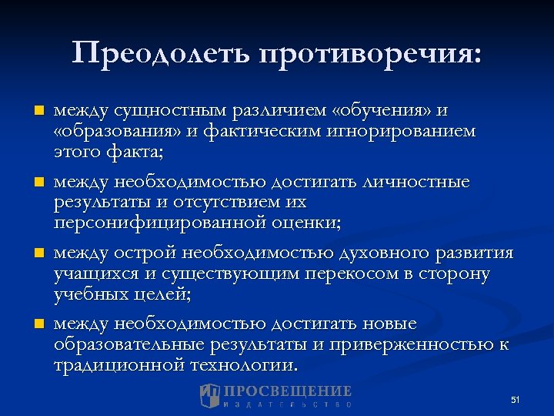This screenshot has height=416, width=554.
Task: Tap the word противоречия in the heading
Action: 372,55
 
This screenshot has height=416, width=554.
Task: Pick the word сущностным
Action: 162,111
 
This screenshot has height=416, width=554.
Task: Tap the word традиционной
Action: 119,364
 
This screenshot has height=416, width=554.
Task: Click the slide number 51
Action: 516,400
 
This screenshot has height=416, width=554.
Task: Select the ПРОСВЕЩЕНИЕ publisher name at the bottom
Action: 289,391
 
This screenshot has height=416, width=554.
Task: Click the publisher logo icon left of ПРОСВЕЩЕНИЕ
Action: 209,396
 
